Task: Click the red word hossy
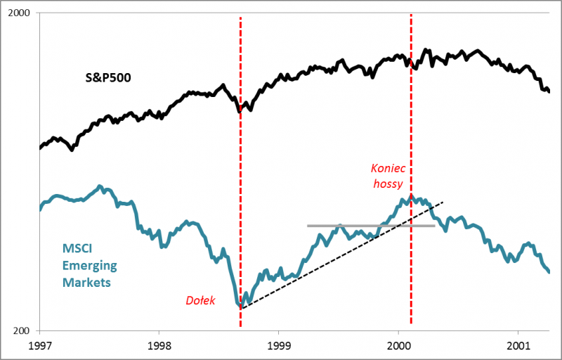click(x=388, y=184)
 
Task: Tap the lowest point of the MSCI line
click(x=241, y=307)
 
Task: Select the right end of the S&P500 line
click(x=549, y=91)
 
